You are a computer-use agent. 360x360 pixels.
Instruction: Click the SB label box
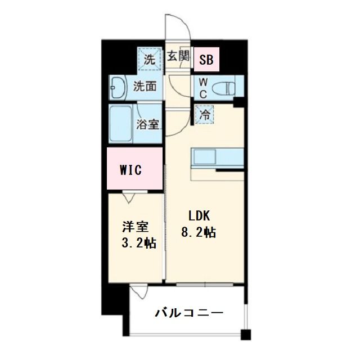(206, 58)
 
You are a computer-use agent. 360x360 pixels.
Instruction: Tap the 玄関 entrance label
(179, 56)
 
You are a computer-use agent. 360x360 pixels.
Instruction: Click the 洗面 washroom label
(145, 87)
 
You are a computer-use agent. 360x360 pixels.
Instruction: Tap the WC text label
(202, 88)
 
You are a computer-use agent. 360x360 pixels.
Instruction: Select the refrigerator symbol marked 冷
(204, 114)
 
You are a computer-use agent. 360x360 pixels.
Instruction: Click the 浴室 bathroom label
(148, 124)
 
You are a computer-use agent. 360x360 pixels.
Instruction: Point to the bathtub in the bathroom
(120, 124)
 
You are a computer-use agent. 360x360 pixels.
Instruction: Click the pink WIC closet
(135, 169)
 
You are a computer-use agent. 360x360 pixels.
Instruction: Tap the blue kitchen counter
(217, 157)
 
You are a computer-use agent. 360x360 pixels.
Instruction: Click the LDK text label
(199, 216)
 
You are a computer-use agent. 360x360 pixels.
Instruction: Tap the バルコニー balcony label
(190, 313)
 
